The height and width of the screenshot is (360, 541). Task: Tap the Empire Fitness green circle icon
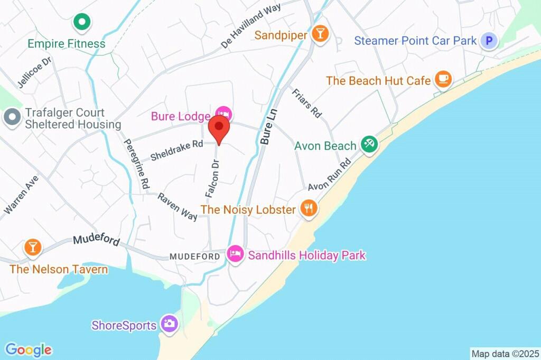82,22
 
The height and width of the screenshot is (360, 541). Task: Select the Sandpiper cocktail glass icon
320,34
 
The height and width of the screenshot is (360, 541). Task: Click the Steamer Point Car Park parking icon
490,41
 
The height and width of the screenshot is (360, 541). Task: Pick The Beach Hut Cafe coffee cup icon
443,80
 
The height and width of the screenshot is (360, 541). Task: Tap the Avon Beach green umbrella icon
369,144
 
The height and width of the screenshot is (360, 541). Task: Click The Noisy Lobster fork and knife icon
309,209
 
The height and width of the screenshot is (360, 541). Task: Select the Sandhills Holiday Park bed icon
235,254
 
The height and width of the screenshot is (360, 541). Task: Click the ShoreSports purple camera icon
169,324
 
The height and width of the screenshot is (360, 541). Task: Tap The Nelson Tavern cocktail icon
33,247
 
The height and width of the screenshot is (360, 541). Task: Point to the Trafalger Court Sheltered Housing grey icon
11,118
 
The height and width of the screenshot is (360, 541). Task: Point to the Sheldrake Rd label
176,150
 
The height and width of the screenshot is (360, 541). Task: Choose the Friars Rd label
307,102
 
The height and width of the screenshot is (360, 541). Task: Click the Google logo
29,349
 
